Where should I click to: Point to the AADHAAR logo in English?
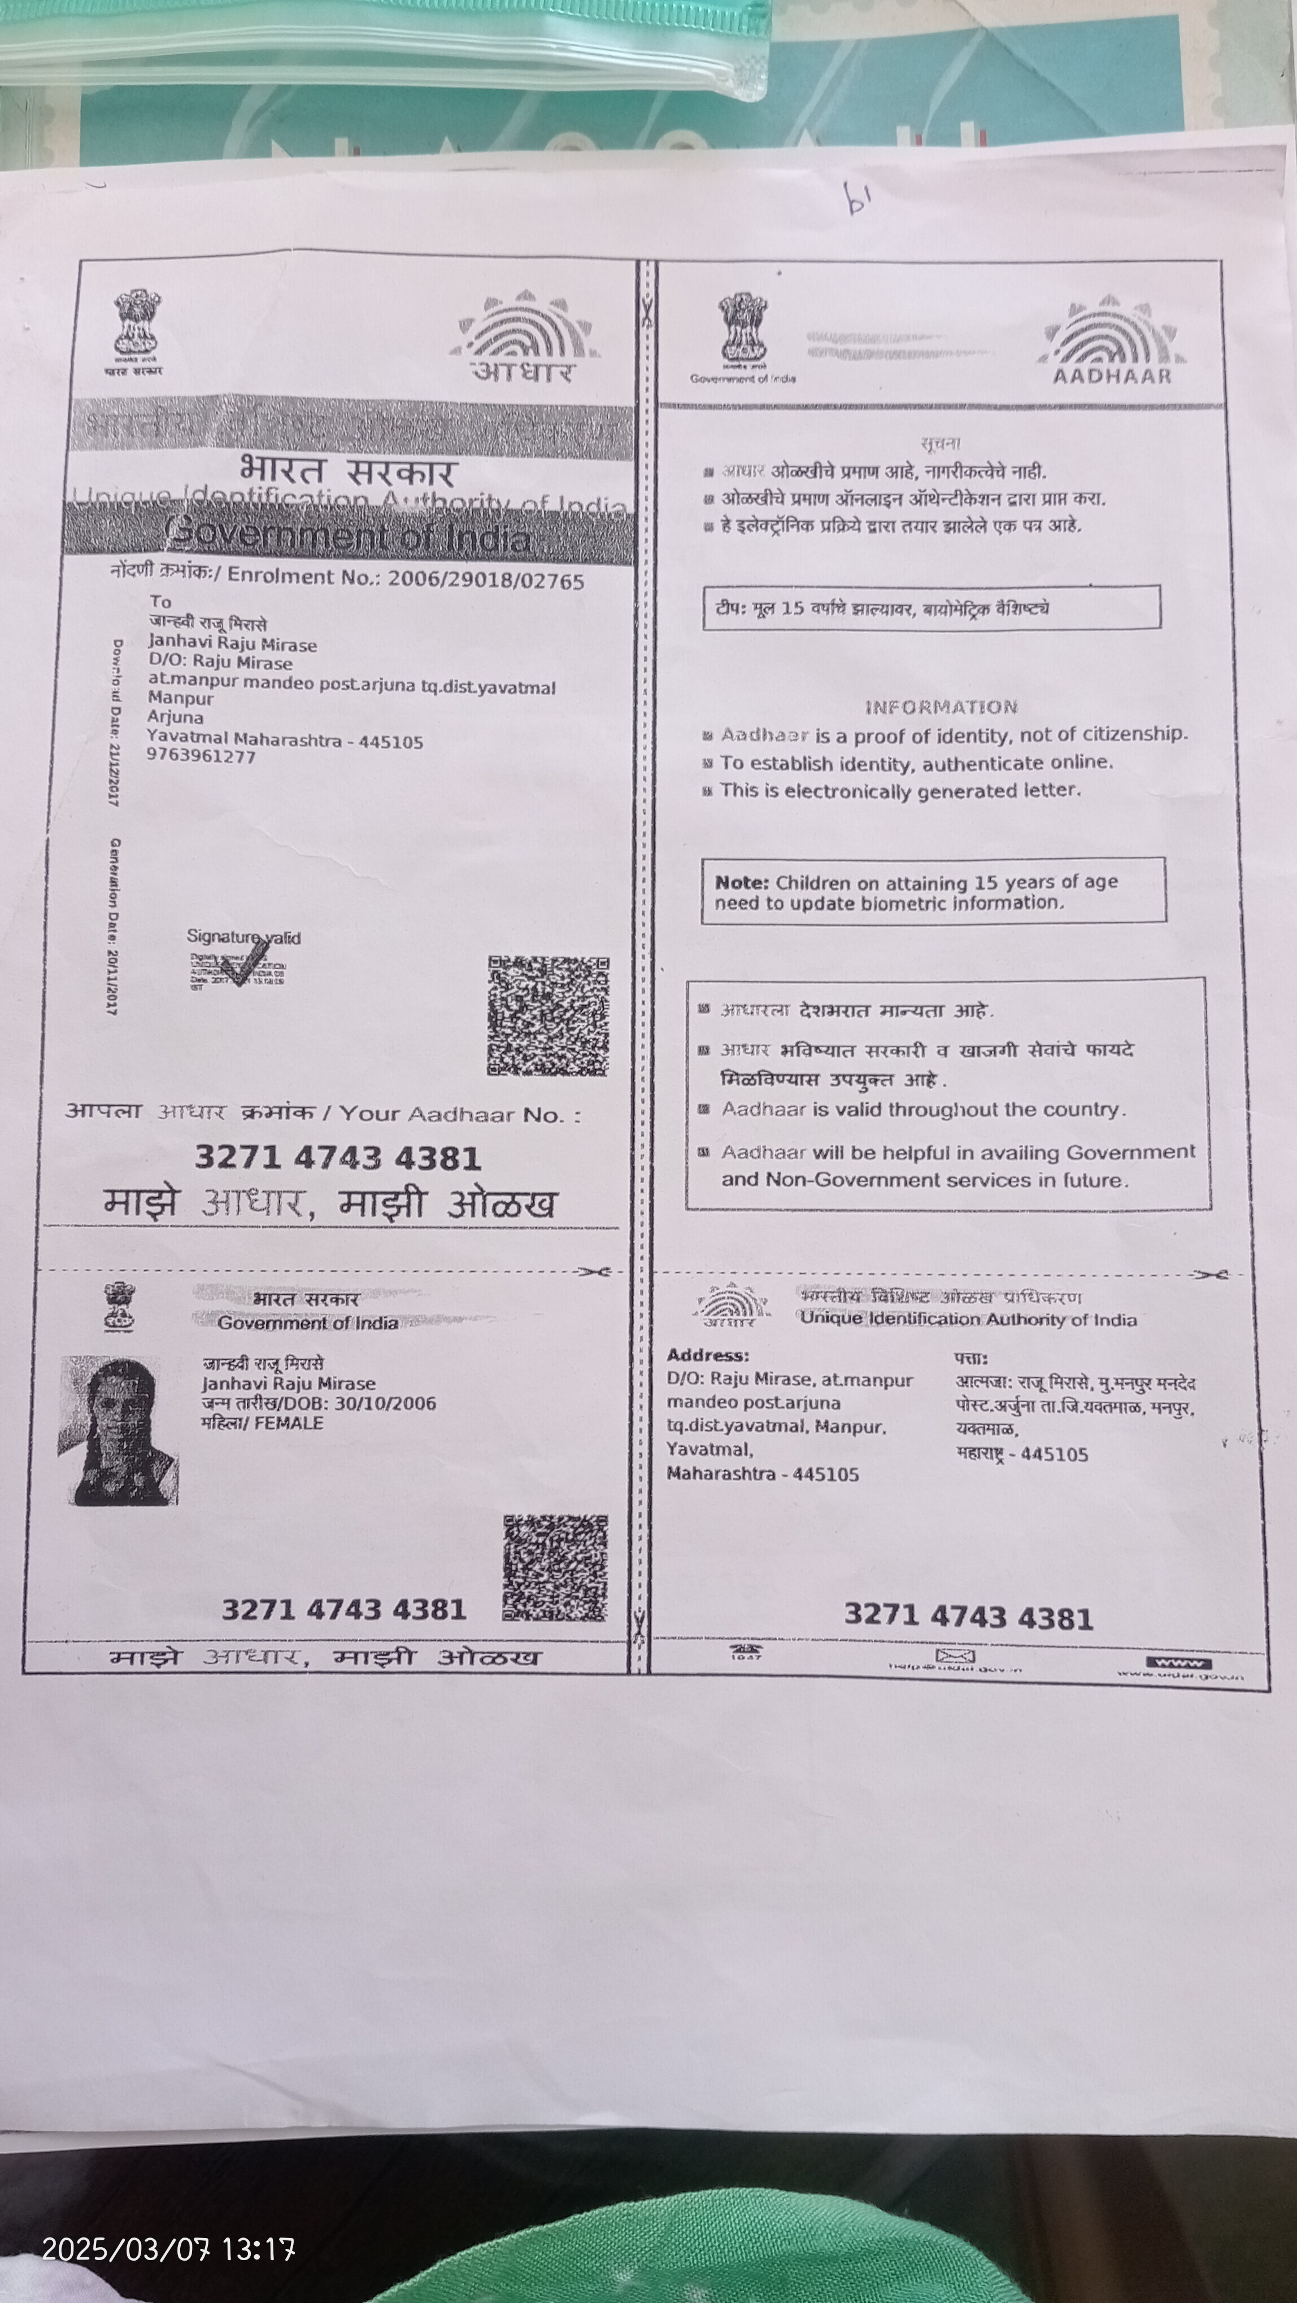pos(1112,343)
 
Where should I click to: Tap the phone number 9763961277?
pos(201,756)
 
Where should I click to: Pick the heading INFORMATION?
pos(941,707)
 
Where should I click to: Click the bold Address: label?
pos(708,1355)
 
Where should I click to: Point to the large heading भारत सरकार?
pos(348,471)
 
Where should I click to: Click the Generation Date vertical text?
pos(114,925)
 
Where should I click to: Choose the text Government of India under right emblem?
pos(742,379)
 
